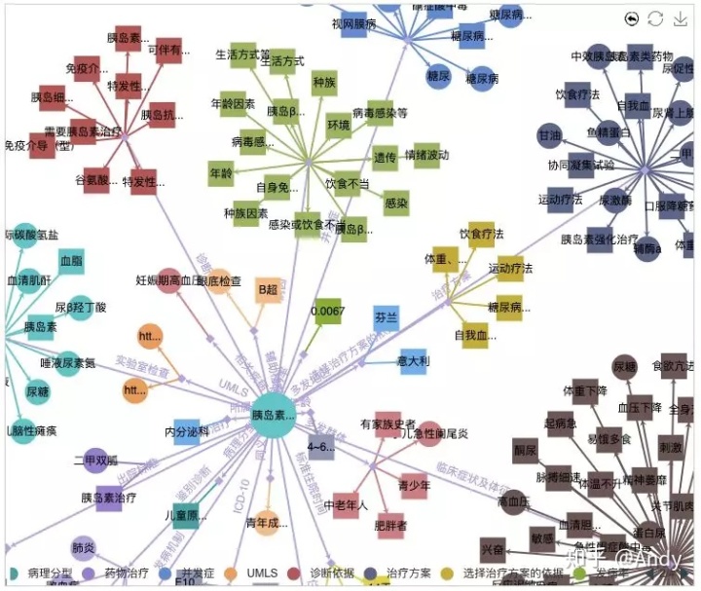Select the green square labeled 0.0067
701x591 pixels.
point(329,312)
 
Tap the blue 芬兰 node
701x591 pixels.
point(387,317)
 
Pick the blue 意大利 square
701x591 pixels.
point(414,361)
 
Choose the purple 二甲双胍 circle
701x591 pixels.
point(95,460)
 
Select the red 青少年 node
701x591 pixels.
point(414,484)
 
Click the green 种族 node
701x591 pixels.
point(324,84)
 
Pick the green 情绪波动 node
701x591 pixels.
point(426,155)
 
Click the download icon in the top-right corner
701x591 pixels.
point(681,18)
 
